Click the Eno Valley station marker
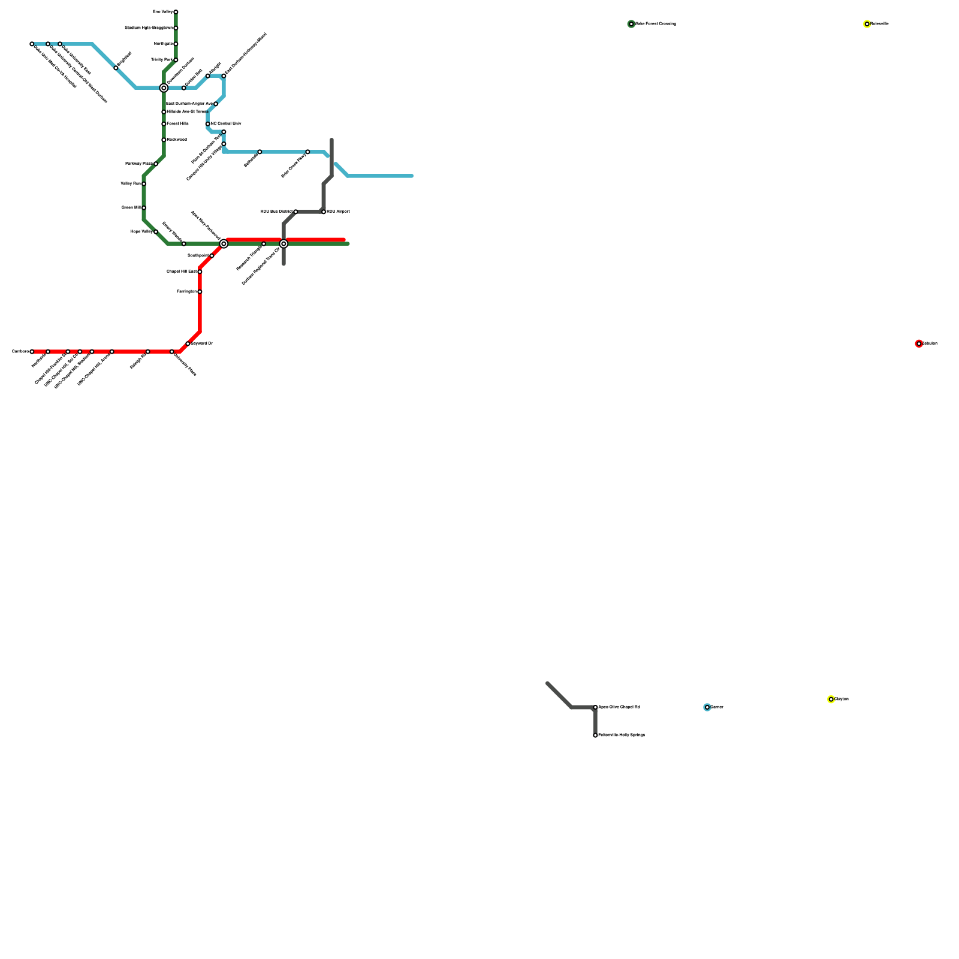point(176,12)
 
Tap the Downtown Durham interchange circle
point(164,88)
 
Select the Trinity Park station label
point(161,60)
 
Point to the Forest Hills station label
point(177,124)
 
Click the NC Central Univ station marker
point(208,124)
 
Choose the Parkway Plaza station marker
point(156,164)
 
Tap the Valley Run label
point(130,184)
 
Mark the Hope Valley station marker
point(156,232)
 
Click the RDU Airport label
point(338,212)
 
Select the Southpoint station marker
point(212,256)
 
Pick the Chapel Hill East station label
point(181,272)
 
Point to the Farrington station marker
point(200,292)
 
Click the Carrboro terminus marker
point(32,352)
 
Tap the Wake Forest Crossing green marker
point(631,24)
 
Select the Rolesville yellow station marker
point(867,24)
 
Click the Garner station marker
point(707,707)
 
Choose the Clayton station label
point(842,699)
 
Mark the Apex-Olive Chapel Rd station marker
point(595,707)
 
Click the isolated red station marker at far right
point(919,344)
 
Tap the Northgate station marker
point(176,44)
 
